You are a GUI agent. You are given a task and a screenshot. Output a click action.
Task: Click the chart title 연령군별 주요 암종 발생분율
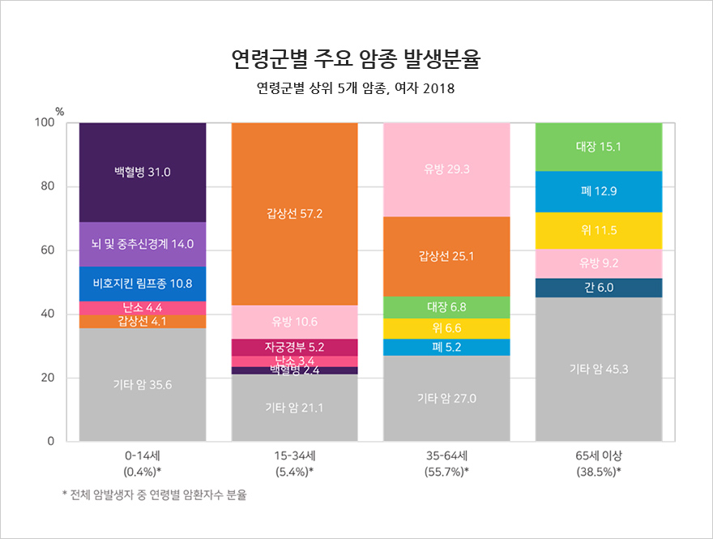coord(356,59)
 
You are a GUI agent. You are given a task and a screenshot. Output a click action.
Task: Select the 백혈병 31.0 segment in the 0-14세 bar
coord(143,172)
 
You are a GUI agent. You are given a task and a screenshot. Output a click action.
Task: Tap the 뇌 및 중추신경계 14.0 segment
coord(143,244)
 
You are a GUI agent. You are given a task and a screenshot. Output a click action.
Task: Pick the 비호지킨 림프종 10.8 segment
coord(143,284)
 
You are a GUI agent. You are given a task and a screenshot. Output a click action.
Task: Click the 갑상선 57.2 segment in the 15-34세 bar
coord(295,213)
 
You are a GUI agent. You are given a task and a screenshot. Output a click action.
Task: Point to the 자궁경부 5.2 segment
coord(295,347)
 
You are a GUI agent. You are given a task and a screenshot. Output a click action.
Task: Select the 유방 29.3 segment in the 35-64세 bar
coord(446,169)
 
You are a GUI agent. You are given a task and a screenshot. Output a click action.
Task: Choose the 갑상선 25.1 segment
coord(446,257)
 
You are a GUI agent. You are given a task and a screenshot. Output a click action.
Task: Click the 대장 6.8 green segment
coord(446,307)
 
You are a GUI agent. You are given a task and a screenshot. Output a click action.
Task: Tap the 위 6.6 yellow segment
coord(446,328)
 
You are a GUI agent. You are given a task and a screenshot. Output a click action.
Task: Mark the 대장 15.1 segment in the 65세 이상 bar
coord(599,147)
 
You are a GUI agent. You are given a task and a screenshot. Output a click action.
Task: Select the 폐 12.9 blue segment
coord(599,191)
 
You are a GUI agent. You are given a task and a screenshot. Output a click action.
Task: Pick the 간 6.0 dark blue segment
coord(599,288)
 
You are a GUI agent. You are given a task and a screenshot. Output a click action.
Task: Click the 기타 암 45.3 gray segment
coord(599,370)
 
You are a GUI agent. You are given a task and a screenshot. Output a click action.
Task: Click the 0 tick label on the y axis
coord(49,442)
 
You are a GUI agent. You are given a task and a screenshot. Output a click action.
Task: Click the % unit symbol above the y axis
coord(59,110)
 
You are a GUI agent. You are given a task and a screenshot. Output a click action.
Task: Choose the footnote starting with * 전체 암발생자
coord(154,495)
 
